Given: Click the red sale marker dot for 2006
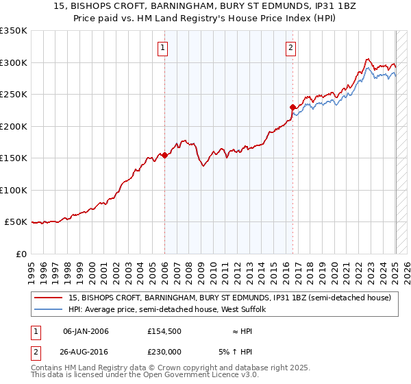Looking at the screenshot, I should [164, 156].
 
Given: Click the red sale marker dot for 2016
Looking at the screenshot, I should [292, 107].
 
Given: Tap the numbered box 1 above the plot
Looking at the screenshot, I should [163, 47].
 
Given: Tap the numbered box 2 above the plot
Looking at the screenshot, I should [291, 47].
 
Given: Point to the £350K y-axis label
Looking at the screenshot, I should [14, 31].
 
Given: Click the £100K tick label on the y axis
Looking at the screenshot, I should [14, 190].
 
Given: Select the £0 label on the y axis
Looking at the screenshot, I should [21, 254].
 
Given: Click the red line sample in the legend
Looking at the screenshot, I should [48, 298].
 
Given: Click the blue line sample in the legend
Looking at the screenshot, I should [48, 309].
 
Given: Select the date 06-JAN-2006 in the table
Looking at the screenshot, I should [86, 331].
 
